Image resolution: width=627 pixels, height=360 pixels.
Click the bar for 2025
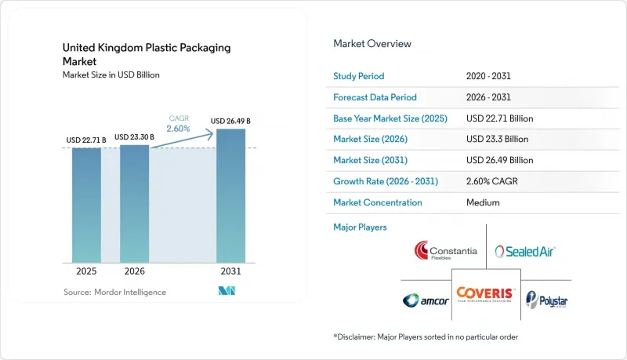pyautogui.click(x=86, y=205)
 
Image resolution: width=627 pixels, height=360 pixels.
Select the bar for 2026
pyautogui.click(x=134, y=204)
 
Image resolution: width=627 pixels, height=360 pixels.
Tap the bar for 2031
pyautogui.click(x=230, y=195)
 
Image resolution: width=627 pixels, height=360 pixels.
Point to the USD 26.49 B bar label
pyautogui.click(x=230, y=121)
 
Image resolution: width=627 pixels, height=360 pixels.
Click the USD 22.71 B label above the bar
pyautogui.click(x=86, y=140)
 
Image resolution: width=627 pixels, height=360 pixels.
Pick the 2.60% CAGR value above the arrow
pyautogui.click(x=179, y=129)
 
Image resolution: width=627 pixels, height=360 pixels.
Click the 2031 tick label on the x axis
pyautogui.click(x=230, y=271)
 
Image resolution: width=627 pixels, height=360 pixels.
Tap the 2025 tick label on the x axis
pyautogui.click(x=86, y=271)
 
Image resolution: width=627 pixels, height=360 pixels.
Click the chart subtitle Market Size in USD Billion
pyautogui.click(x=111, y=75)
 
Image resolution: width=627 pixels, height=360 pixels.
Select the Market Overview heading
pyautogui.click(x=372, y=44)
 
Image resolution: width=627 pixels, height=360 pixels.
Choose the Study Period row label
pyautogui.click(x=359, y=76)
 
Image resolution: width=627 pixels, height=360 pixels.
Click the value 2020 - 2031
pyautogui.click(x=488, y=76)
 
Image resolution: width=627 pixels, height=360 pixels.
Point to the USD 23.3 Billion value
pyautogui.click(x=497, y=139)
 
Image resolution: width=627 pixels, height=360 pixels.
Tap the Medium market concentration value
pyautogui.click(x=483, y=202)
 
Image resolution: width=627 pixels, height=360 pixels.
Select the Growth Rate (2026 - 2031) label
pyautogui.click(x=386, y=181)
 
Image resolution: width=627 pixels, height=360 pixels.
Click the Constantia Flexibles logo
pyautogui.click(x=445, y=251)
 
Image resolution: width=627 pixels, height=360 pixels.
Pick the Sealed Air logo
pyautogui.click(x=525, y=251)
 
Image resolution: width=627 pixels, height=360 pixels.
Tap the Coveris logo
pyautogui.click(x=486, y=294)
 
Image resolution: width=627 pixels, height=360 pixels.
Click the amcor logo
pyautogui.click(x=426, y=300)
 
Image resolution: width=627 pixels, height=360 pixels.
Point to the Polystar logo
pyautogui.click(x=546, y=300)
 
